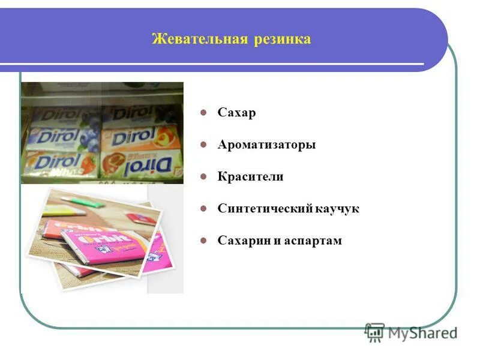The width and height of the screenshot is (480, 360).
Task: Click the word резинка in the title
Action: [282, 40]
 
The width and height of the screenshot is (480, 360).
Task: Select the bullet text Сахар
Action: [236, 112]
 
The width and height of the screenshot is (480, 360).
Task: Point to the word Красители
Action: [250, 177]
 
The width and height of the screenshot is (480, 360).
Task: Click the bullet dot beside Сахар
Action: [204, 112]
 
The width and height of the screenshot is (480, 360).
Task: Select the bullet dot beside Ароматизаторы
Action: [204, 145]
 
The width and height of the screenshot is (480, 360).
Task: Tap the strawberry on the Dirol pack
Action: [88, 163]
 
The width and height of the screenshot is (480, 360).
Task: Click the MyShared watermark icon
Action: [374, 332]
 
